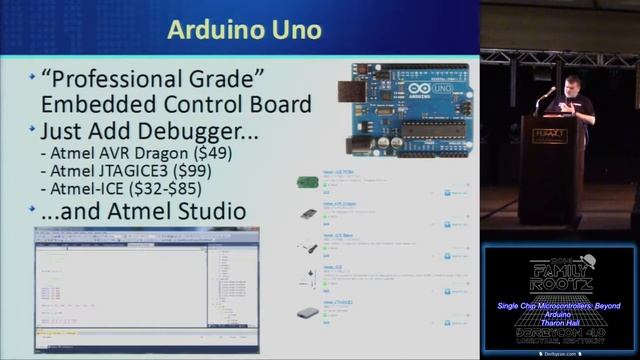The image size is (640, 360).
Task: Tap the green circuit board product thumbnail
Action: coord(308,182)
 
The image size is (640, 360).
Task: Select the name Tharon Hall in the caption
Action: coord(560,321)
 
